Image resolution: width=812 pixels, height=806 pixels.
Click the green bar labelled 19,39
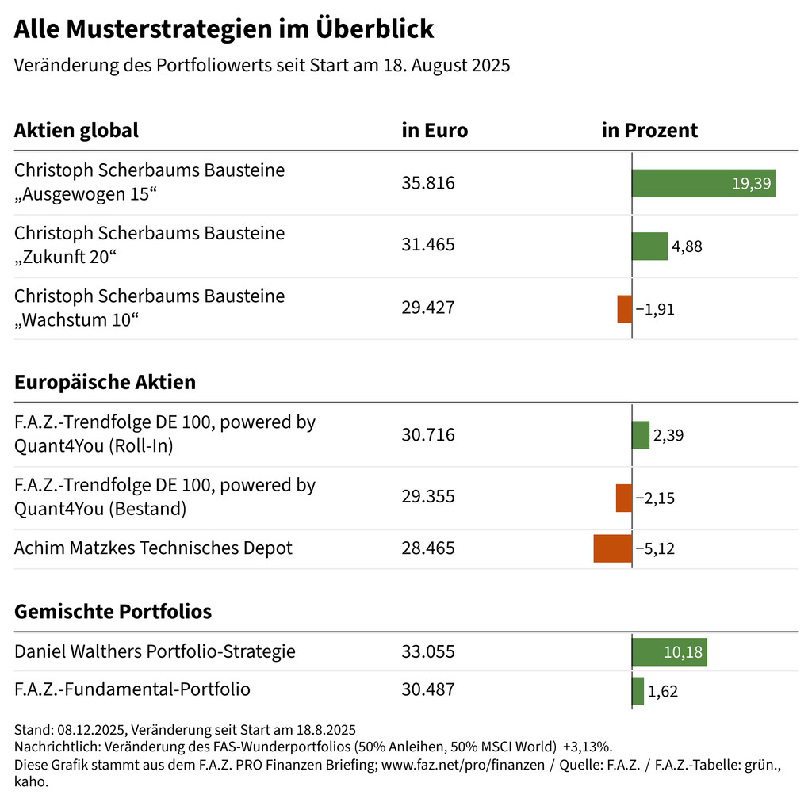click(703, 183)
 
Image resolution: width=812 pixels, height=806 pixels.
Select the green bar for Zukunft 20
click(649, 246)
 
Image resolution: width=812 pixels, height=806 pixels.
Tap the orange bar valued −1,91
click(625, 308)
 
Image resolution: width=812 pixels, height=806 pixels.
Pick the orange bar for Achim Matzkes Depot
click(612, 548)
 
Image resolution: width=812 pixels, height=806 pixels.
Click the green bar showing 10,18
click(669, 652)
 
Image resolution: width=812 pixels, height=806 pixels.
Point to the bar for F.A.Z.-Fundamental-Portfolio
click(638, 690)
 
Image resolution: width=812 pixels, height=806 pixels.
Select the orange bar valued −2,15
click(624, 498)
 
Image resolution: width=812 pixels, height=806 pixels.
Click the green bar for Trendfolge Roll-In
click(641, 435)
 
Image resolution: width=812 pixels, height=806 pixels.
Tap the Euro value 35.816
click(428, 183)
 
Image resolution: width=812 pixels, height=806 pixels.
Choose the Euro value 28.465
click(428, 548)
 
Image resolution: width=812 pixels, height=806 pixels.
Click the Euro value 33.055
click(428, 652)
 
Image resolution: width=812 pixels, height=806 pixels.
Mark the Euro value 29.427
click(428, 308)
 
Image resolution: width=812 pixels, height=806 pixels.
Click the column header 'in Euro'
click(435, 131)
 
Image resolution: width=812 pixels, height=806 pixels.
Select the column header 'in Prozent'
click(649, 131)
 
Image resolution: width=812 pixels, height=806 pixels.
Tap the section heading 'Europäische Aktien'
click(105, 382)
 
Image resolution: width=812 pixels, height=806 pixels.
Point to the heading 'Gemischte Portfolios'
click(113, 612)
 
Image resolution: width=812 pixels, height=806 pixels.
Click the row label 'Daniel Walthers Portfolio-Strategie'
click(155, 652)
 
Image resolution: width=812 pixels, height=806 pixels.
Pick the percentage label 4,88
click(687, 246)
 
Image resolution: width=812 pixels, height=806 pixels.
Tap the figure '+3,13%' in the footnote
click(588, 747)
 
